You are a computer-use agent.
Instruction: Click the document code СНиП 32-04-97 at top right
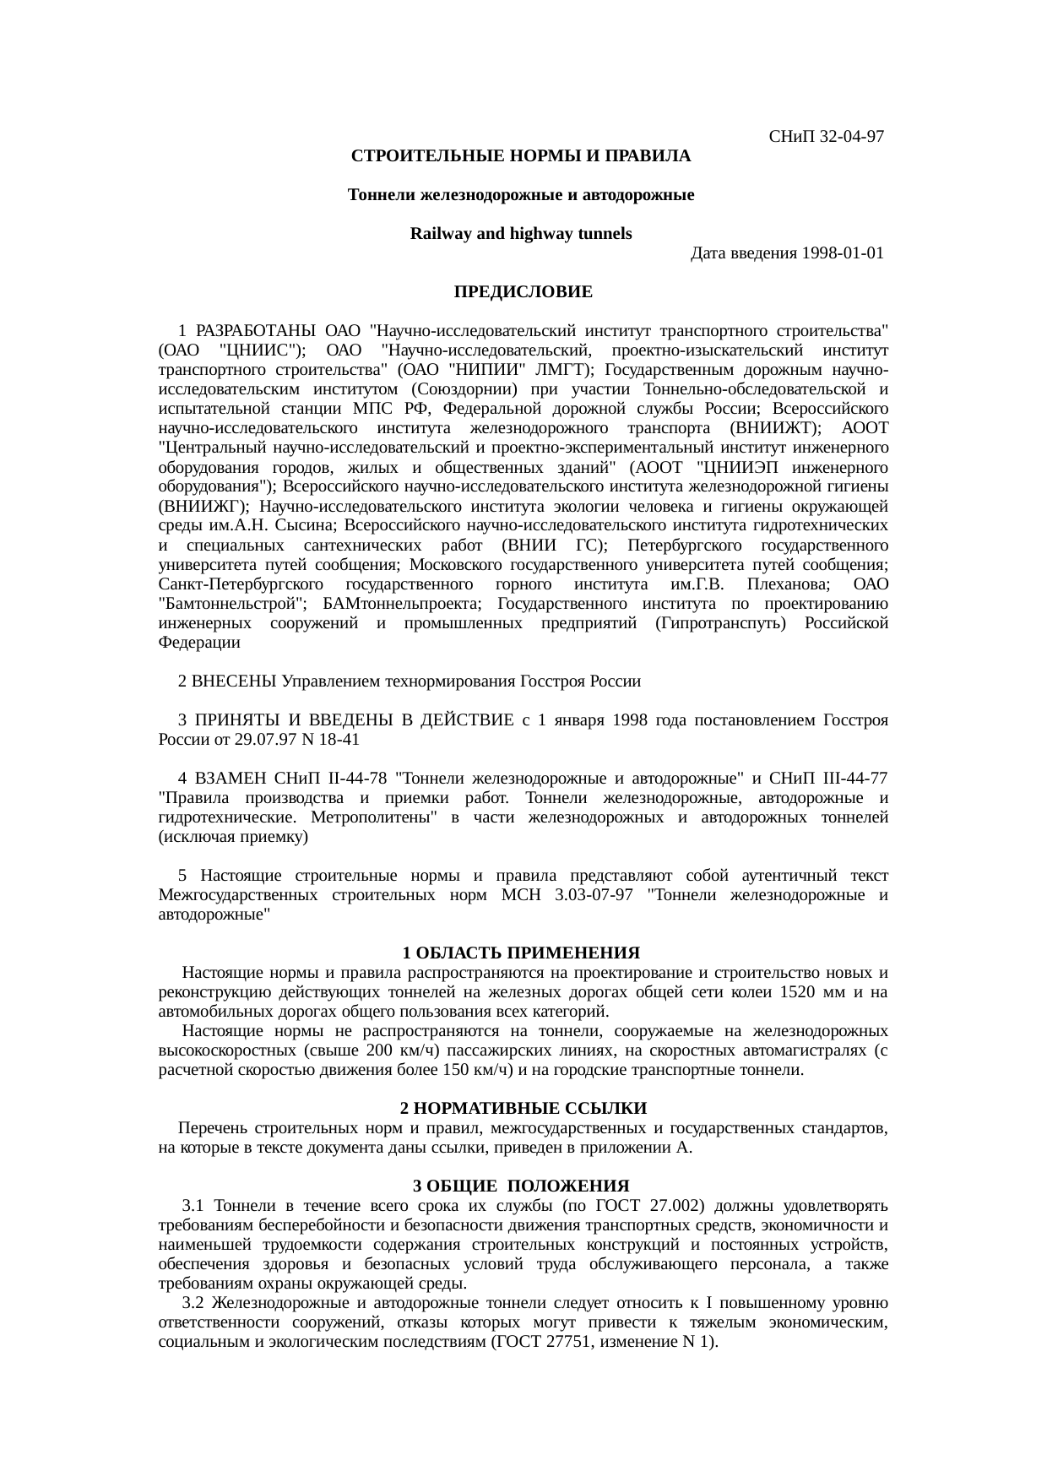click(826, 136)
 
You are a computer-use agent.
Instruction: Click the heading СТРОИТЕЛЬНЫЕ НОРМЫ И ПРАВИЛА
click(521, 156)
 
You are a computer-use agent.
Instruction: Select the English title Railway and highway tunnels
click(520, 234)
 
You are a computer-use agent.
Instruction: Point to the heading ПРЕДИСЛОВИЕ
click(523, 292)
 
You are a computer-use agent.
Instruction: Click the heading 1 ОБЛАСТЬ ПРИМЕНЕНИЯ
click(521, 953)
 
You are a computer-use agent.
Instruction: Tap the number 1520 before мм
click(798, 992)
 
